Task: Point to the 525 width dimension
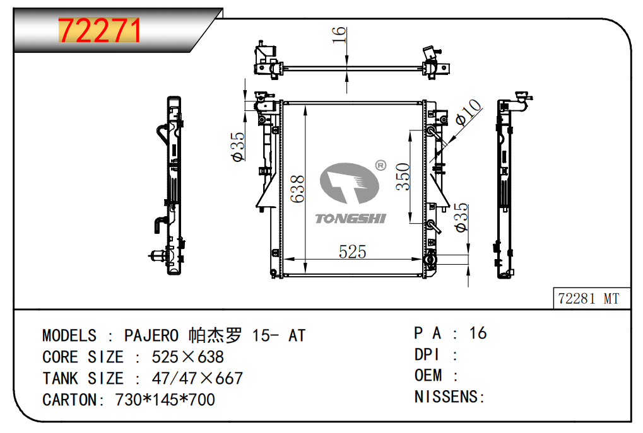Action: pyautogui.click(x=352, y=251)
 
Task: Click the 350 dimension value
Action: pyautogui.click(x=403, y=176)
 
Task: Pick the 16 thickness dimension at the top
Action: pyautogui.click(x=339, y=35)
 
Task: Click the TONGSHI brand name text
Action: pyautogui.click(x=350, y=218)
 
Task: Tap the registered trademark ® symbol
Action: pyautogui.click(x=380, y=165)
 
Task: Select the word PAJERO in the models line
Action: pyautogui.click(x=150, y=335)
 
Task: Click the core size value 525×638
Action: pyautogui.click(x=187, y=357)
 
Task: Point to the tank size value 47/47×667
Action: pyautogui.click(x=197, y=378)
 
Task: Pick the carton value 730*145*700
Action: pyautogui.click(x=165, y=400)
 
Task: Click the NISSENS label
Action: pyautogui.click(x=449, y=396)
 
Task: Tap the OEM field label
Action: pyautogui.click(x=428, y=375)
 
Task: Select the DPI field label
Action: pyautogui.click(x=426, y=354)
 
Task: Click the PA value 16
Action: pyautogui.click(x=478, y=333)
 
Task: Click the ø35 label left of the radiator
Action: pyautogui.click(x=237, y=147)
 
